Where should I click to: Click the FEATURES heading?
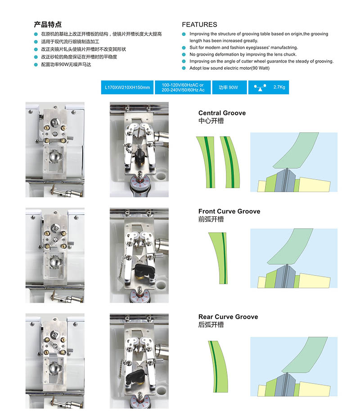pos(199,25)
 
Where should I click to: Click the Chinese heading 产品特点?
pos(48,24)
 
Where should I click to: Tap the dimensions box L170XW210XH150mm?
pos(127,87)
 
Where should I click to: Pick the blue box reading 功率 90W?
pos(228,87)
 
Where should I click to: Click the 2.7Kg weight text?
pos(279,87)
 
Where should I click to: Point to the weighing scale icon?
pos(259,87)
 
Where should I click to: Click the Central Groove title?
pos(222,113)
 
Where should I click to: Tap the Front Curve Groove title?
pos(229,211)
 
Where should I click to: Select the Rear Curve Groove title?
pos(228,317)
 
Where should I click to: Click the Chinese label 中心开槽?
pos(211,121)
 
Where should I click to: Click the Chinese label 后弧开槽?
pos(211,325)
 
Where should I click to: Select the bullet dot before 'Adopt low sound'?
pos(184,68)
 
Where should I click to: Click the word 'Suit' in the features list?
pos(194,48)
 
